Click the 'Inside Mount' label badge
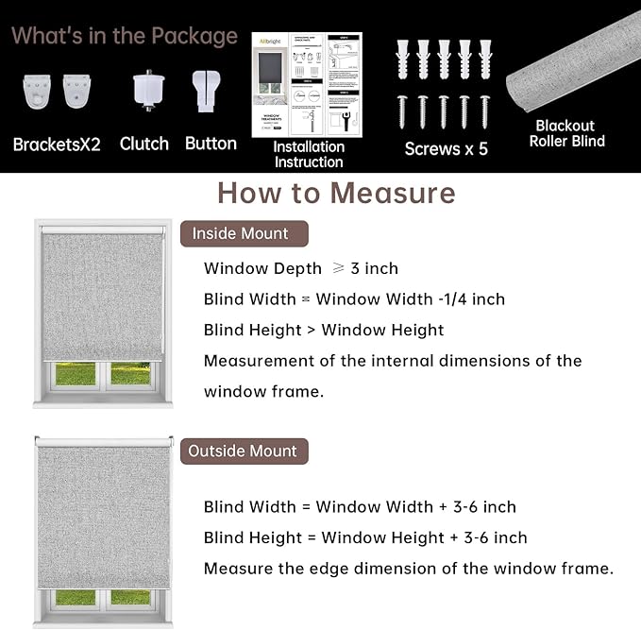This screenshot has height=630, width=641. (x=240, y=233)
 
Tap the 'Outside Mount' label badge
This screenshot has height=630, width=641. (x=243, y=451)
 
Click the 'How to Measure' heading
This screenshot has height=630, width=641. (x=336, y=193)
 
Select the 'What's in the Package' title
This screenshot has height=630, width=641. (x=125, y=36)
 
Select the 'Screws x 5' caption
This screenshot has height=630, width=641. (x=446, y=148)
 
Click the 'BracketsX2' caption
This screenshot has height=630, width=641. (x=57, y=145)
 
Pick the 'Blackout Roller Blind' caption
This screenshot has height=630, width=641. (x=566, y=133)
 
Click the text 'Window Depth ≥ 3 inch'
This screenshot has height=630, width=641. (x=301, y=268)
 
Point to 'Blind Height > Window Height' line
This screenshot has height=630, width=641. (x=324, y=330)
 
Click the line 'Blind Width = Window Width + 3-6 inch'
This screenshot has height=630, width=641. (x=360, y=507)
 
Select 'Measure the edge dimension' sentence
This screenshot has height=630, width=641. (x=408, y=568)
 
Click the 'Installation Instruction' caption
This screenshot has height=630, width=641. (x=309, y=154)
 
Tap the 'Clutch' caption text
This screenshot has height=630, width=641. (x=144, y=144)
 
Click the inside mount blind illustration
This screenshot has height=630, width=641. (x=102, y=312)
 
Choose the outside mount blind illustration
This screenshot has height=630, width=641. (x=103, y=529)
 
